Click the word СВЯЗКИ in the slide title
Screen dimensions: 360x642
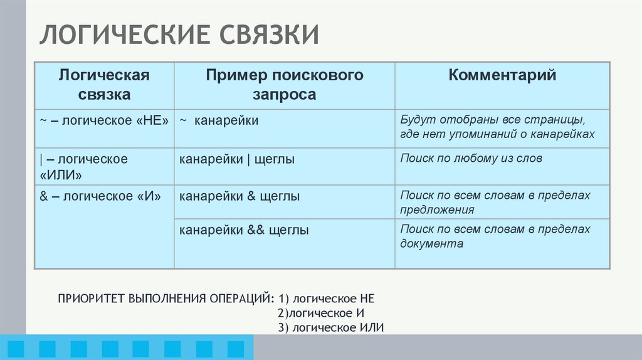pyautogui.click(x=268, y=36)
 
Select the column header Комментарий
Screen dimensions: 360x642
pyautogui.click(x=502, y=76)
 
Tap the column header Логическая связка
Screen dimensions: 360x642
pyautogui.click(x=104, y=85)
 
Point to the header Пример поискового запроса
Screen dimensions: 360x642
pyautogui.click(x=285, y=85)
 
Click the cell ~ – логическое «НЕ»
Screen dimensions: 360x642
pyautogui.click(x=104, y=120)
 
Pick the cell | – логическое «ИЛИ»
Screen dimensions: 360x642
pyautogui.click(x=84, y=166)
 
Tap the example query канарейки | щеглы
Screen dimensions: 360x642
pyautogui.click(x=237, y=159)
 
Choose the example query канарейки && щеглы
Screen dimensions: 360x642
pyautogui.click(x=244, y=230)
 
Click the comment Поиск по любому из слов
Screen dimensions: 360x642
pyautogui.click(x=471, y=159)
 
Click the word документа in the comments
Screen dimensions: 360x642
pyautogui.click(x=432, y=243)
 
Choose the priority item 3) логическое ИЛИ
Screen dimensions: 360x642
pyautogui.click(x=330, y=327)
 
